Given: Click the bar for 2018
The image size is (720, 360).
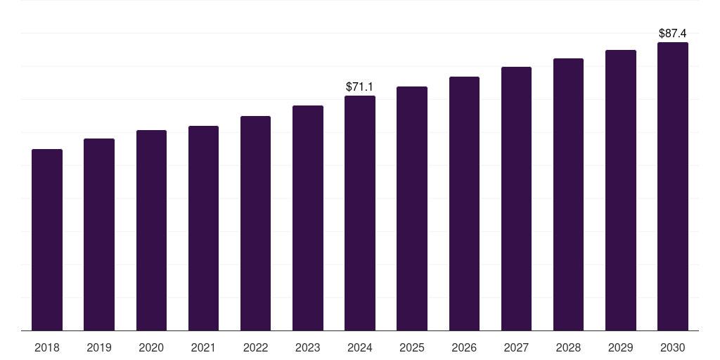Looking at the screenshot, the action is (x=47, y=240).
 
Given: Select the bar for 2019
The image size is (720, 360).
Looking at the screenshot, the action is (x=99, y=235).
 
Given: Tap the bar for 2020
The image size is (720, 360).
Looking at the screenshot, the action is (x=152, y=231).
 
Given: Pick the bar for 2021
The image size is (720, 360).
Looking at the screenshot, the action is (x=203, y=229).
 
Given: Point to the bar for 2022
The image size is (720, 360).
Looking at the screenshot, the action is (x=255, y=223).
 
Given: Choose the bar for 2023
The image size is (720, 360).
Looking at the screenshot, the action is (x=308, y=218).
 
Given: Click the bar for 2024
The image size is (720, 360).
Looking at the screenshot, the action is (x=360, y=213).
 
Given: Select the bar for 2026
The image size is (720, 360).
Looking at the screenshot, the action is (x=464, y=203).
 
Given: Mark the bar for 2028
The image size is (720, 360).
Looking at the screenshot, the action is (x=568, y=195).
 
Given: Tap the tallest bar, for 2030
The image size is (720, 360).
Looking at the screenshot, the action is (x=673, y=186).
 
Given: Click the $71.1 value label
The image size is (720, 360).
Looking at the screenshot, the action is (x=359, y=86).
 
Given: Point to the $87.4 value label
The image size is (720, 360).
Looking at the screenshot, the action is (x=673, y=34).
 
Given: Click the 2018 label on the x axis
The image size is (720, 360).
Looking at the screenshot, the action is (x=47, y=348).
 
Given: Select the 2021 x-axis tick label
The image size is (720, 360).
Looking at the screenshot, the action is (x=203, y=348).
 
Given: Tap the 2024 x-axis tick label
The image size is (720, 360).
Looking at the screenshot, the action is (x=360, y=348).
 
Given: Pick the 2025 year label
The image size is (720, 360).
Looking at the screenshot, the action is (x=412, y=348).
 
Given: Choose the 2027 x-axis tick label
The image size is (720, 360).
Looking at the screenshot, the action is (x=516, y=348).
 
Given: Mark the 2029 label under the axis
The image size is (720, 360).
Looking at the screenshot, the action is (x=621, y=348).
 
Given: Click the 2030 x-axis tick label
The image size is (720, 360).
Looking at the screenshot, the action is (x=673, y=348).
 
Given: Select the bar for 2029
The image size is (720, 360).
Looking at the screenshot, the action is (x=621, y=190).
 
